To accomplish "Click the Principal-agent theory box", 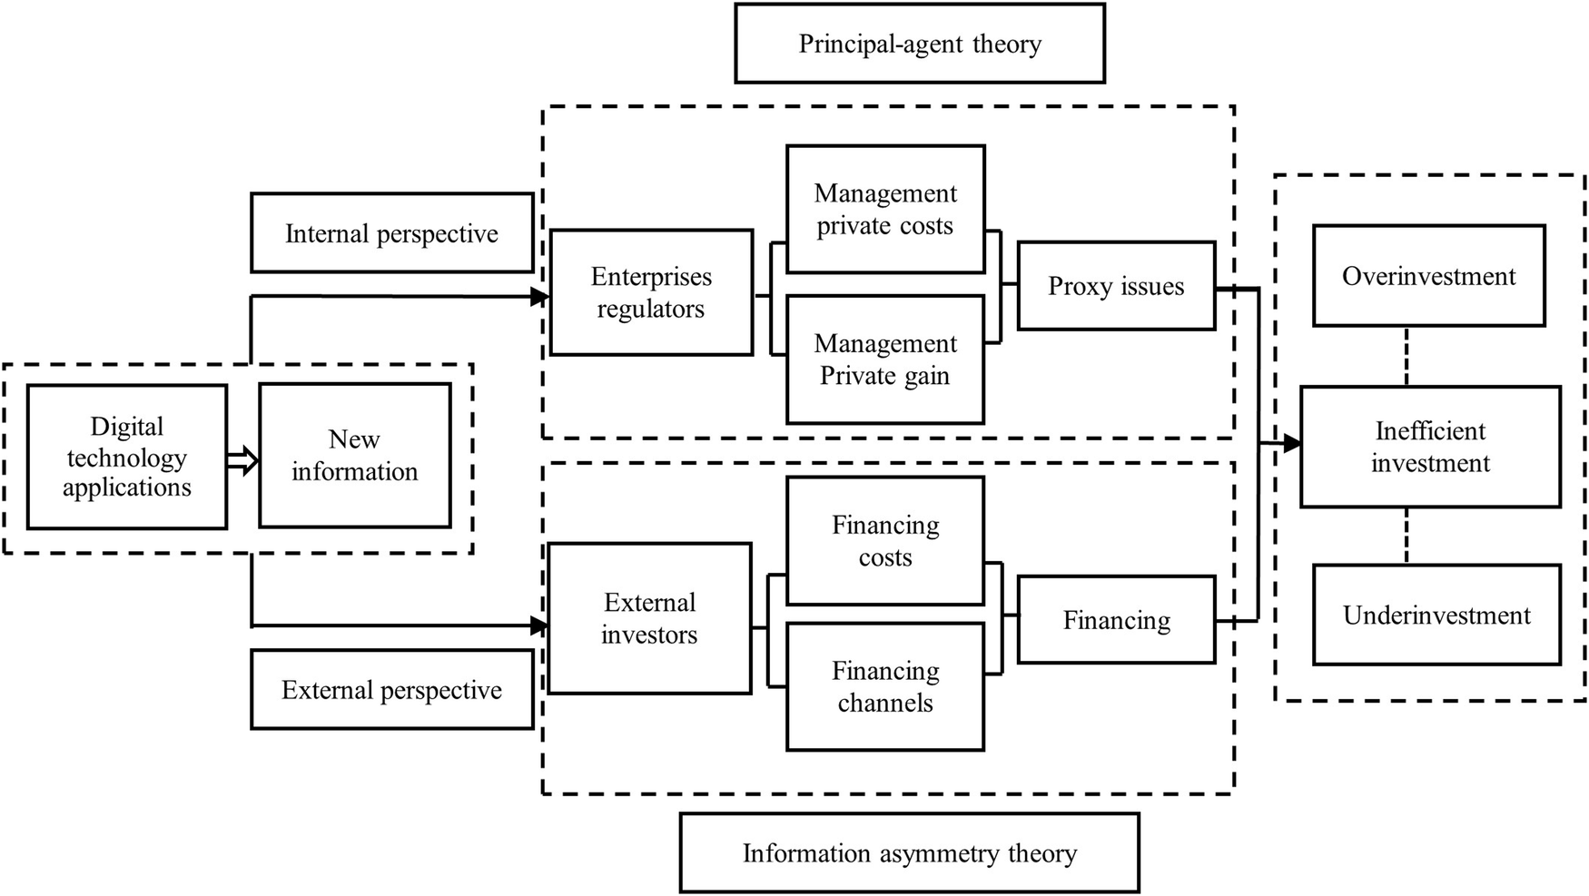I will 919,44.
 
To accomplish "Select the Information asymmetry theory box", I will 909,852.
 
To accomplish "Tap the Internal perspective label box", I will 391,233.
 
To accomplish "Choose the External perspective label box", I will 391,690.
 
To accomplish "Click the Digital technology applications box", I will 126,457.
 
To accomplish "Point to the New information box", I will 354,456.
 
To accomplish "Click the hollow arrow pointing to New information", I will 242,460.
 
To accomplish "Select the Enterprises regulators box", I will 651,292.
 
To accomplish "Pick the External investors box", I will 649,618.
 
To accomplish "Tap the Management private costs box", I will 885,210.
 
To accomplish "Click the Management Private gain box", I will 885,359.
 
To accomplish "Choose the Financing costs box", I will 885,541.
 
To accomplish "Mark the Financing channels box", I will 885,686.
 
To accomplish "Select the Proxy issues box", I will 1116,286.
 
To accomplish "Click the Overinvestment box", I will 1428,276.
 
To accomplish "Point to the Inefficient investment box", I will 1430,447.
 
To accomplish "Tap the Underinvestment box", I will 1436,615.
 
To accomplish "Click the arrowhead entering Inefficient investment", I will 1291,444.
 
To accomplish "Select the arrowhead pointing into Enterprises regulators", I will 541,297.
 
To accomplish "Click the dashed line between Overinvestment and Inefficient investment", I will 1406,356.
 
